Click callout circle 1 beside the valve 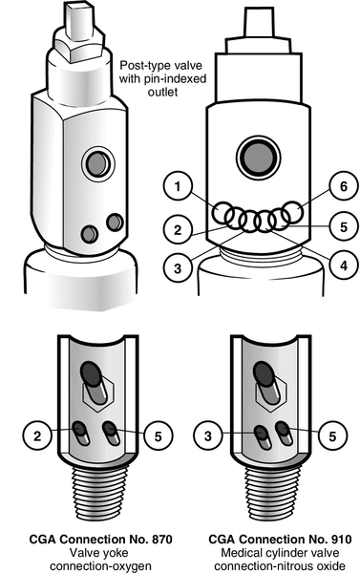click(x=178, y=186)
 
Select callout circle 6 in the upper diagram click(x=344, y=186)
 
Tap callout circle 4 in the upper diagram click(x=344, y=265)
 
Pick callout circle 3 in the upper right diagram click(x=178, y=268)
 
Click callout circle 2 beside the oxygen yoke click(x=37, y=435)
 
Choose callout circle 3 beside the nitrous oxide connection click(x=208, y=435)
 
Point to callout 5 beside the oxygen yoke click(x=158, y=435)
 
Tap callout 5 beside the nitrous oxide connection click(x=332, y=435)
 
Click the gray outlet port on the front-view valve click(x=259, y=158)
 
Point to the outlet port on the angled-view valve click(x=98, y=163)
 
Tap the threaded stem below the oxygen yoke click(x=98, y=494)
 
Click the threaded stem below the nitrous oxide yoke click(x=272, y=494)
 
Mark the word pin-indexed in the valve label click(x=173, y=79)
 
